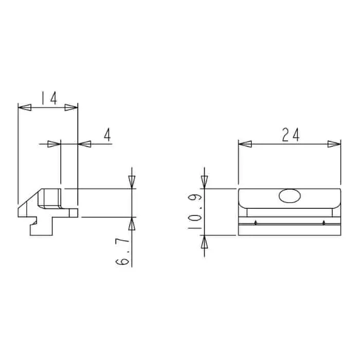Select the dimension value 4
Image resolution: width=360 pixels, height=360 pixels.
click(107, 135)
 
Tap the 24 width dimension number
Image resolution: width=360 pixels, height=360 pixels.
click(291, 135)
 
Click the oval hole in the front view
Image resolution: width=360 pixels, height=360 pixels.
click(290, 196)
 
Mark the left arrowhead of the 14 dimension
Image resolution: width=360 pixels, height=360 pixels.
click(25, 107)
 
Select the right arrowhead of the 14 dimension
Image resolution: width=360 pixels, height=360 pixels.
click(71, 107)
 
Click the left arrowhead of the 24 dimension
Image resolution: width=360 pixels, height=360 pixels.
click(245, 145)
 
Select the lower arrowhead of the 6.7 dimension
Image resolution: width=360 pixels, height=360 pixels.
click(132, 224)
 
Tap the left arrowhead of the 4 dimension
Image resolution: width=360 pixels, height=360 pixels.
click(54, 145)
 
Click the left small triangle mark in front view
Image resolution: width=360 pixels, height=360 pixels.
click(256, 223)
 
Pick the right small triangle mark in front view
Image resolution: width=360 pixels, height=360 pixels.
click(323, 223)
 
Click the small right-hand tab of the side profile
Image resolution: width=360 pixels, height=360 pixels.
click(75, 211)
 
